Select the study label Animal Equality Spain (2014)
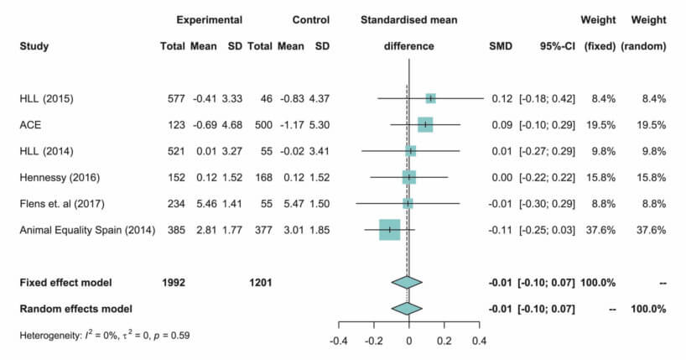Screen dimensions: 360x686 [87, 229]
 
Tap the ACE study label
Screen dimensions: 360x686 [30, 124]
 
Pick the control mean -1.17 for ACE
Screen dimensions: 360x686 [290, 124]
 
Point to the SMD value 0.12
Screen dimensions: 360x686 [502, 98]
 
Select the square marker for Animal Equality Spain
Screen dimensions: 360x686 [389, 229]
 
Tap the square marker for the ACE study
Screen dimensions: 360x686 [425, 124]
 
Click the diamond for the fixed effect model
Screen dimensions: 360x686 [408, 282]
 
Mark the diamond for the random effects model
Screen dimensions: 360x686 [408, 308]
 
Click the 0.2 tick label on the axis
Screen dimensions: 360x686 [444, 341]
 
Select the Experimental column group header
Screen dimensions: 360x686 [210, 20]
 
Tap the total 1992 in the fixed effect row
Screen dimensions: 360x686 [173, 282]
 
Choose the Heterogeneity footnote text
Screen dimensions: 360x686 [105, 336]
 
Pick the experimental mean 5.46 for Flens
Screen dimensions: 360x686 [207, 203]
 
